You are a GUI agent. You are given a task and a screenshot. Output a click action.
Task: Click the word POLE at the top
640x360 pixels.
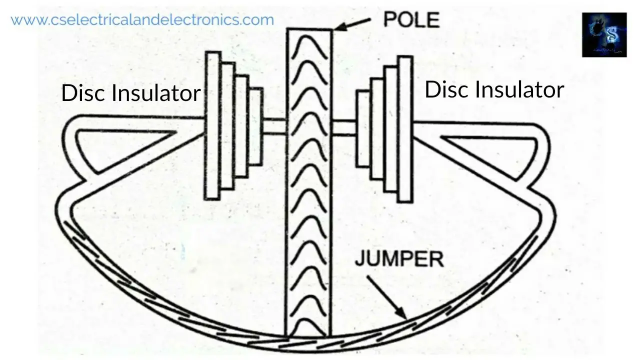411,19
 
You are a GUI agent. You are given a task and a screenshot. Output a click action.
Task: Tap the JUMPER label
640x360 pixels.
399,259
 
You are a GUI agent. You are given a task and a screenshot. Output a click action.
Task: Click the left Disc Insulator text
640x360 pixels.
130,93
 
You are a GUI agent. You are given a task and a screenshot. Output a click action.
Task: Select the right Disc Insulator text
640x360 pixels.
494,90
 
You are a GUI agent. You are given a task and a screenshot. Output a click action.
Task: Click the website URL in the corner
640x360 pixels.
142,20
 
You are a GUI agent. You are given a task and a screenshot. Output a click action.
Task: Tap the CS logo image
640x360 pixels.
604,34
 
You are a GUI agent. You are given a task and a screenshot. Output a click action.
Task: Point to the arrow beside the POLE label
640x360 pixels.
352,23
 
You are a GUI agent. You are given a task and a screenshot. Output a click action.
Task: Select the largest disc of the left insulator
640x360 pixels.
212,125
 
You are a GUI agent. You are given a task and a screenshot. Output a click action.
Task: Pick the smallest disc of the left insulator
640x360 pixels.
255,126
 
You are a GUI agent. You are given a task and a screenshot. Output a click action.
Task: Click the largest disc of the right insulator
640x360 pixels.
405,129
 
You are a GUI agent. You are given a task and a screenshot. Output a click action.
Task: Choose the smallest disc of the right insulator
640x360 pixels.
363,128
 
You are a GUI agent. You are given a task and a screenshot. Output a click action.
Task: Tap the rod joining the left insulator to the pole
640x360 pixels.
273,126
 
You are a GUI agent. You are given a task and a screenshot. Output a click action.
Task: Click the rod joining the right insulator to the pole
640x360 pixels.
343,128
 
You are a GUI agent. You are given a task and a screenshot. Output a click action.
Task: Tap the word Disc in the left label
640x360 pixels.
83,93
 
